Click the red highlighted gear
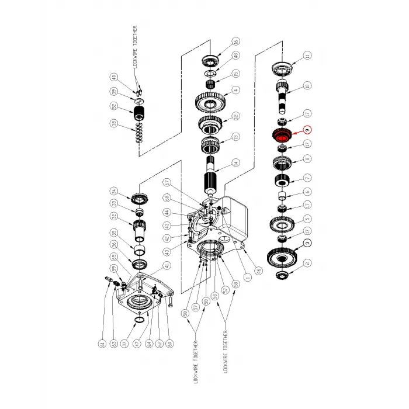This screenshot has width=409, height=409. (281, 136)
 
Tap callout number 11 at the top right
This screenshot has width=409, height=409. (307, 56)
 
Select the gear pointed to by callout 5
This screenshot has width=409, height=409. (281, 224)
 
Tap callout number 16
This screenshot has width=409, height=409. (235, 41)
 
